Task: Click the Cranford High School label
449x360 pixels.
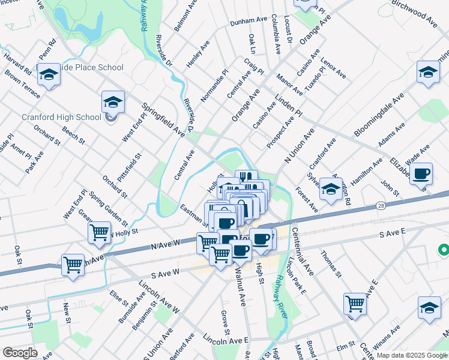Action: pyautogui.click(x=61, y=118)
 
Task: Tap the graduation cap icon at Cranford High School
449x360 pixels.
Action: pyautogui.click(x=112, y=102)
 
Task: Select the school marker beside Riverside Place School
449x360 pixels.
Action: pyautogui.click(x=49, y=74)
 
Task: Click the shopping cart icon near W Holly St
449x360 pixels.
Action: pyautogui.click(x=99, y=232)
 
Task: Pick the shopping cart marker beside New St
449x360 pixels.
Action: pyautogui.click(x=73, y=264)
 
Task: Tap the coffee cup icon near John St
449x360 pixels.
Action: pyautogui.click(x=421, y=174)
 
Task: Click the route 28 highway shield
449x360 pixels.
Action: pyautogui.click(x=381, y=206)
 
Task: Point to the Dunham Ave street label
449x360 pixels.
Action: pyautogui.click(x=248, y=20)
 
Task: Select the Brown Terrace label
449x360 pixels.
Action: pyautogui.click(x=22, y=85)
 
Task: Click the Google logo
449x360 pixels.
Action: pyautogui.click(x=20, y=353)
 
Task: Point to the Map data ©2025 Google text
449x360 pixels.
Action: pyautogui.click(x=411, y=355)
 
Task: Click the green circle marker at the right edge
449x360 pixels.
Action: pyautogui.click(x=444, y=248)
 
